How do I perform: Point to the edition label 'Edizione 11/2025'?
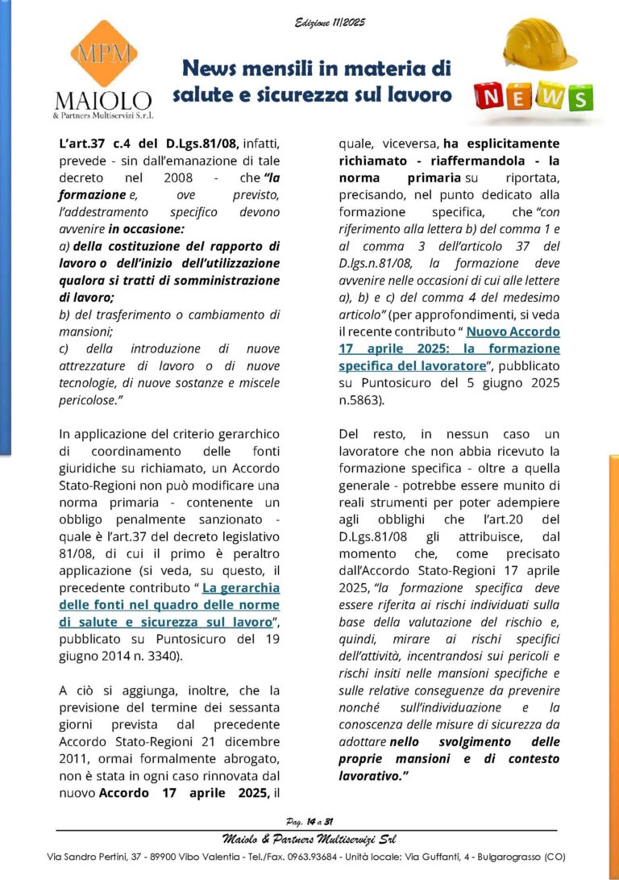330,22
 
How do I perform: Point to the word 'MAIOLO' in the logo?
102,102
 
